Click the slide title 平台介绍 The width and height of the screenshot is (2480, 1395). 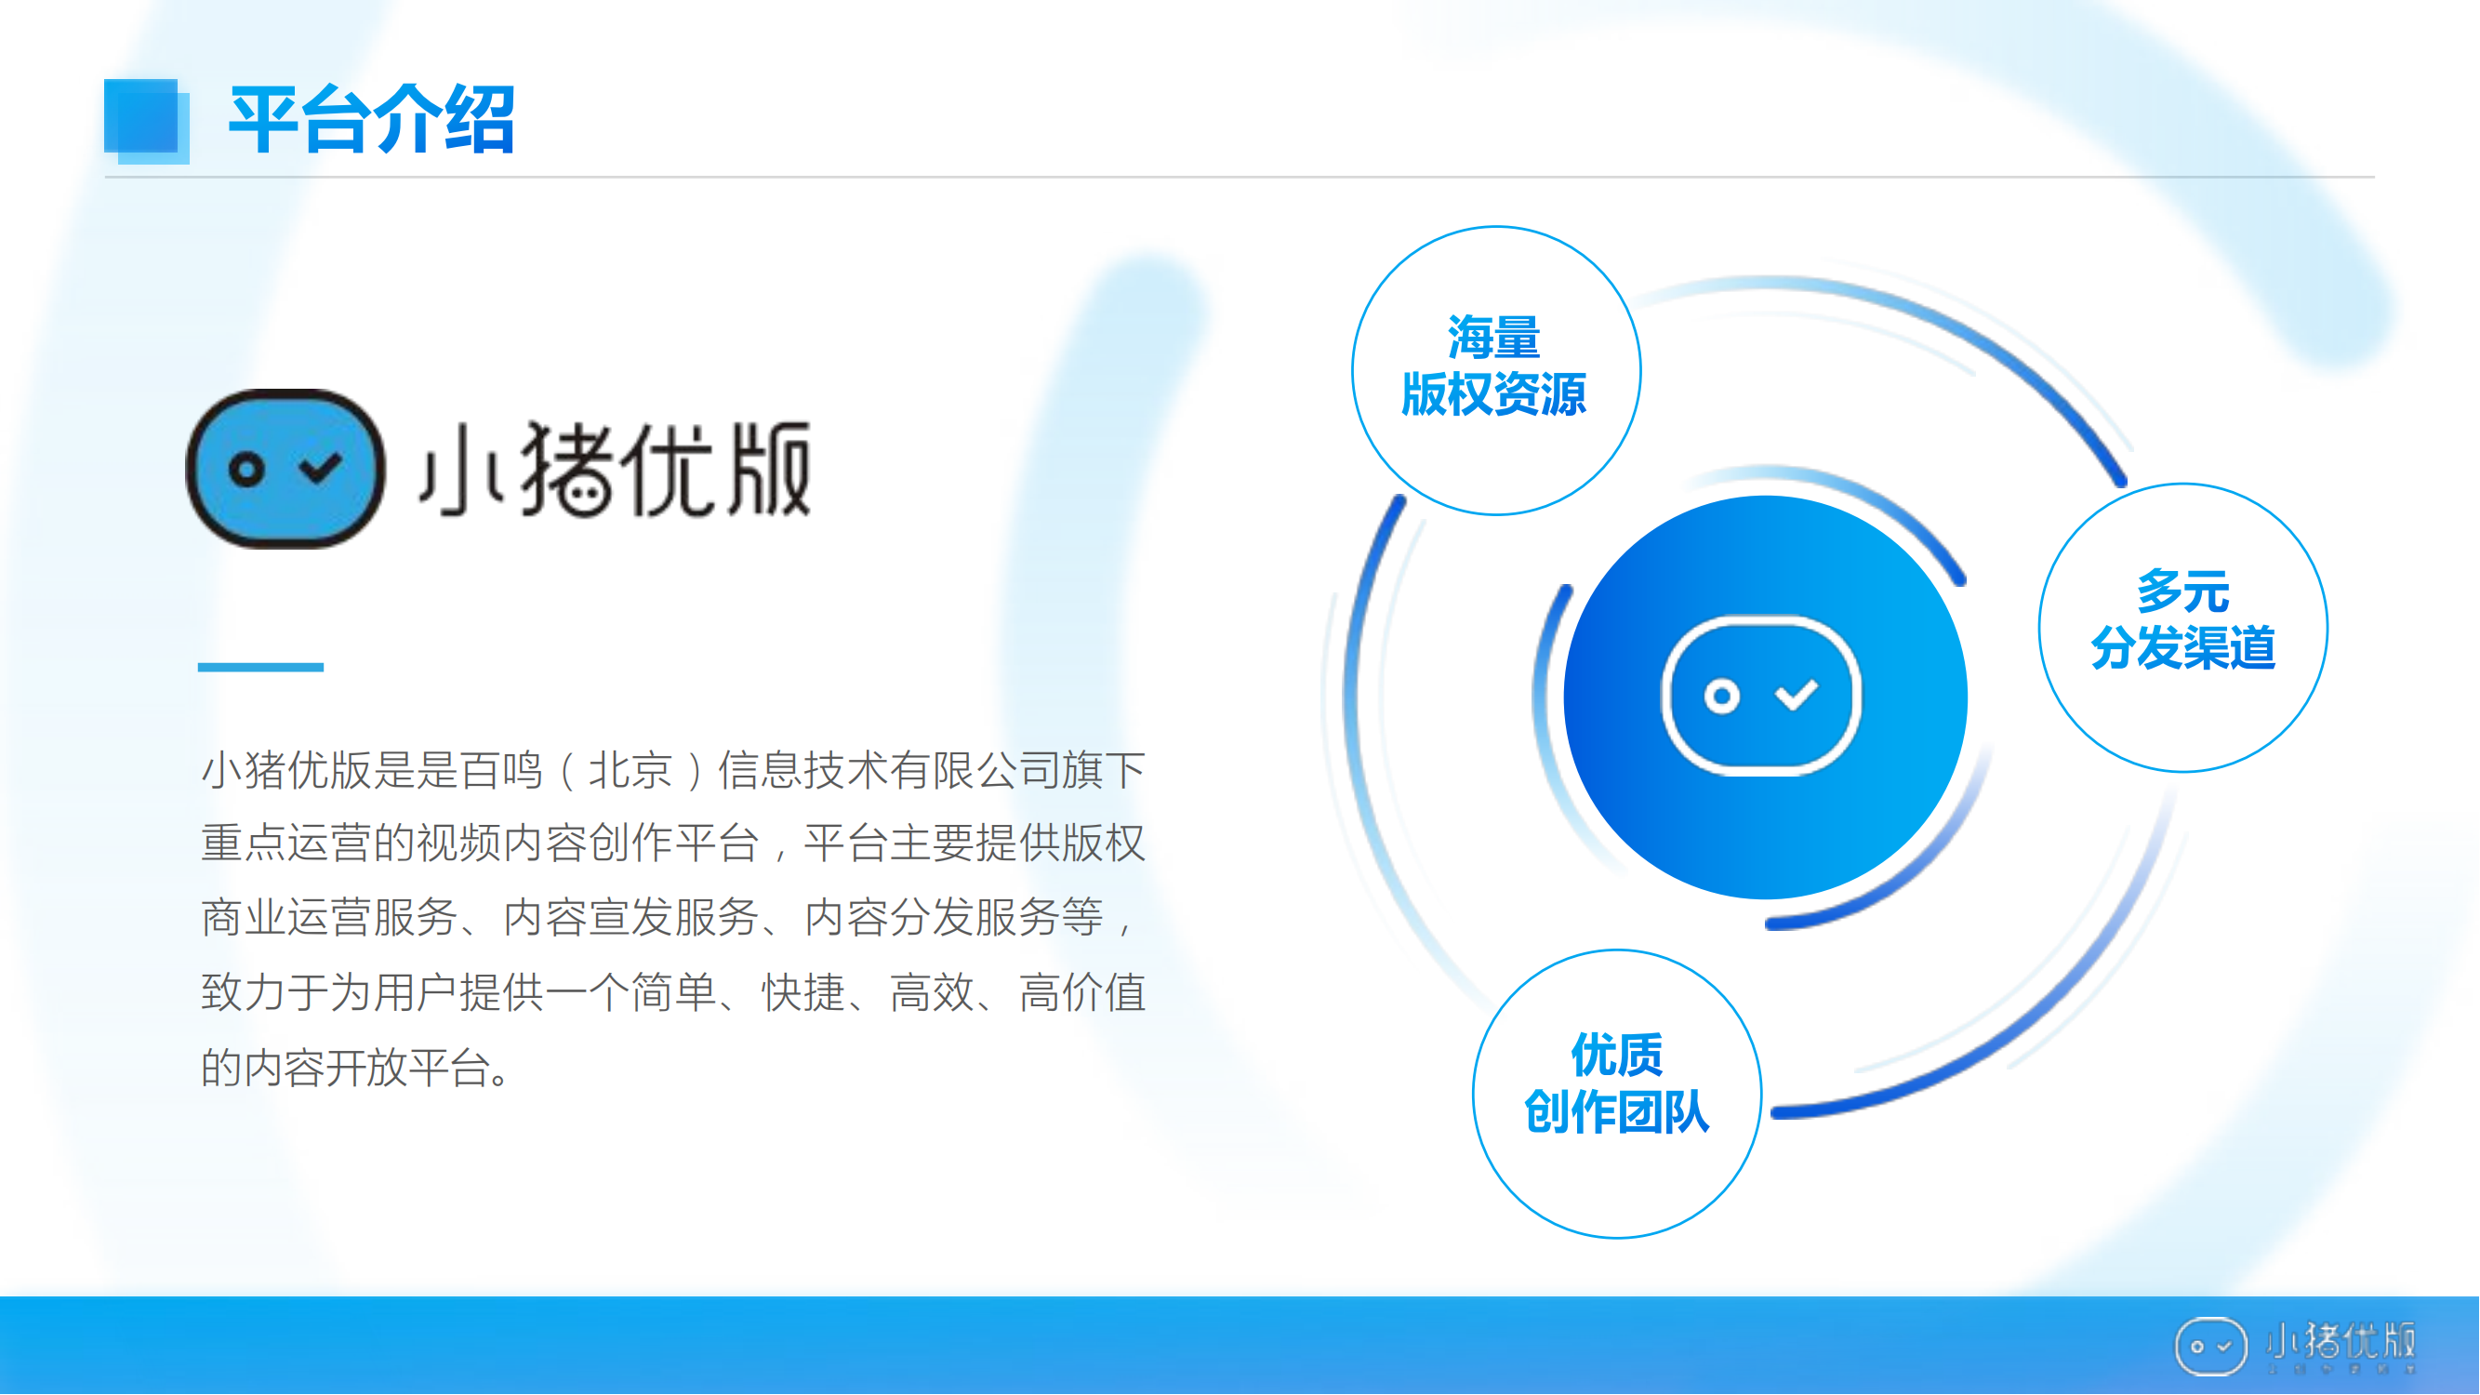click(372, 119)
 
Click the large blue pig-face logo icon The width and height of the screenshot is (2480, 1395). click(285, 469)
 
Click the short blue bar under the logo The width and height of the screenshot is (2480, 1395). click(261, 666)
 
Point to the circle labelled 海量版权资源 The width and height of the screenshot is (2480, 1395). click(1496, 371)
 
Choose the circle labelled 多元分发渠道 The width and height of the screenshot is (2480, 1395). click(2183, 628)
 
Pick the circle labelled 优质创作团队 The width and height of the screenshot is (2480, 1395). click(1617, 1094)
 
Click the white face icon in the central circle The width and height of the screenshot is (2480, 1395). click(1761, 696)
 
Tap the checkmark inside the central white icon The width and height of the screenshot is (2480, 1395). click(1797, 694)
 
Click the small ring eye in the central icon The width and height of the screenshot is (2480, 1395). click(1722, 696)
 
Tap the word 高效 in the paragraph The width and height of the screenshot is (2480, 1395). click(932, 992)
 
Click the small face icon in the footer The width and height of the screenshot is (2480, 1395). click(2211, 1346)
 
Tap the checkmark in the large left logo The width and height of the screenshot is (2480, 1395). click(321, 468)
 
